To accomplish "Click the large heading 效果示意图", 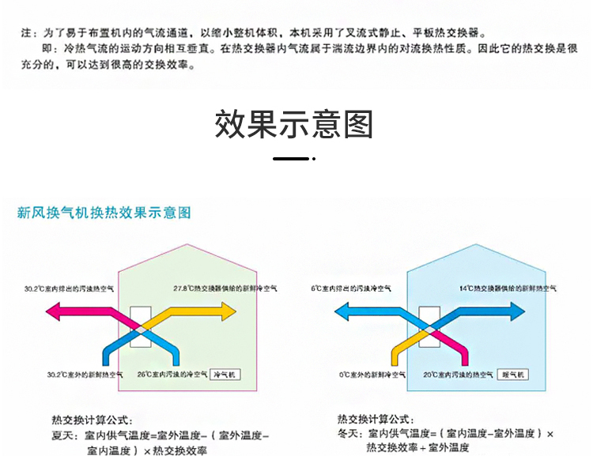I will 293,125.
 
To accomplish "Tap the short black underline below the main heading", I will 291,159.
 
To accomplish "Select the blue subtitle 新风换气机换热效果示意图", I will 104,213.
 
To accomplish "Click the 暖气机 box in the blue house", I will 515,374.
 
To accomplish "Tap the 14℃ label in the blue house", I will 508,288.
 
